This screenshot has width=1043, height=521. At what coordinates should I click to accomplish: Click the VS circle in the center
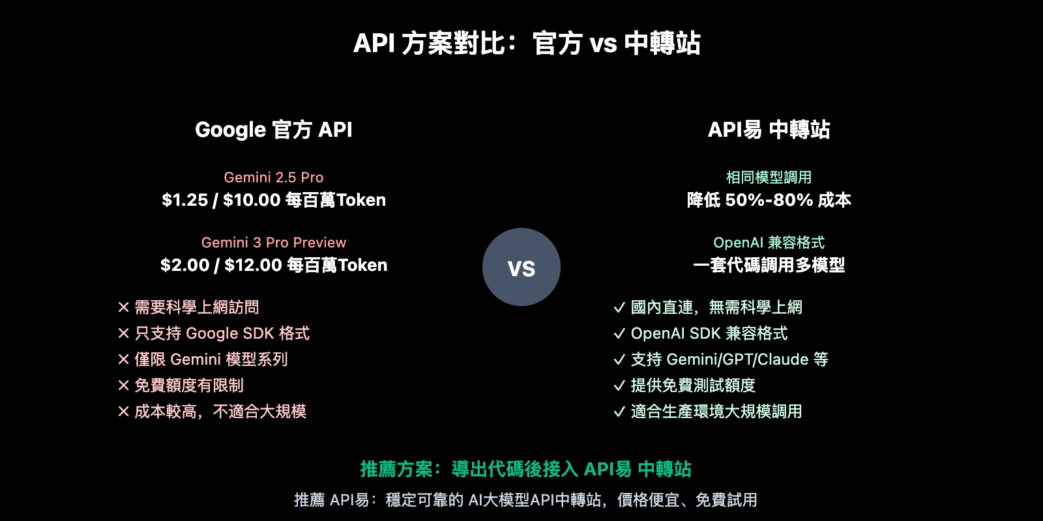click(521, 267)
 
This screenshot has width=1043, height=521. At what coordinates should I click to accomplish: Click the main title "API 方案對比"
click(527, 44)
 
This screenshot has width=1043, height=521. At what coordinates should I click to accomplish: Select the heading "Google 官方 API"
click(274, 130)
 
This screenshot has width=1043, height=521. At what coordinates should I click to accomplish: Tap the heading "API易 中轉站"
click(769, 130)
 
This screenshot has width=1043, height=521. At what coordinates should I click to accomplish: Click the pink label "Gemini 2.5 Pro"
click(274, 177)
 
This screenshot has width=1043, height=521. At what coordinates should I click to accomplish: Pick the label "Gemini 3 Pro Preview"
click(274, 242)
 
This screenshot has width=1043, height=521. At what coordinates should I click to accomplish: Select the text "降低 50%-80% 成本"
click(769, 200)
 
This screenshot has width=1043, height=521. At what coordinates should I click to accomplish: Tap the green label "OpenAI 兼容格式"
click(769, 242)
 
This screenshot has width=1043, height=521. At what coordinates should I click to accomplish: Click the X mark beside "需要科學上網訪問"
click(123, 307)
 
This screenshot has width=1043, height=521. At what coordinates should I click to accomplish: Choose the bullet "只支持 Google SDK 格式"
click(222, 333)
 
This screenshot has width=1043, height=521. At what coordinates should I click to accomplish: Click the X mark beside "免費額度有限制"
click(123, 386)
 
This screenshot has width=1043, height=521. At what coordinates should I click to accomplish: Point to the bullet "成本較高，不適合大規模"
click(220, 412)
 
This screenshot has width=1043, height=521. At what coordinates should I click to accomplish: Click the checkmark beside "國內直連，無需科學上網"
click(619, 307)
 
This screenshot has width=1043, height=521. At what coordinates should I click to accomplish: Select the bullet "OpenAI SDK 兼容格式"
click(709, 333)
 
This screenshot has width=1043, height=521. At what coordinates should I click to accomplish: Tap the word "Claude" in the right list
click(783, 359)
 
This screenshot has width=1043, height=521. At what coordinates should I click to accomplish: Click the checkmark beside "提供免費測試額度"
click(619, 386)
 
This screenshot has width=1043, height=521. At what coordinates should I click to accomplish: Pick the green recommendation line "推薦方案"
click(525, 469)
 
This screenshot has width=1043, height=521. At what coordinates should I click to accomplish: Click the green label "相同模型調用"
click(769, 177)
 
